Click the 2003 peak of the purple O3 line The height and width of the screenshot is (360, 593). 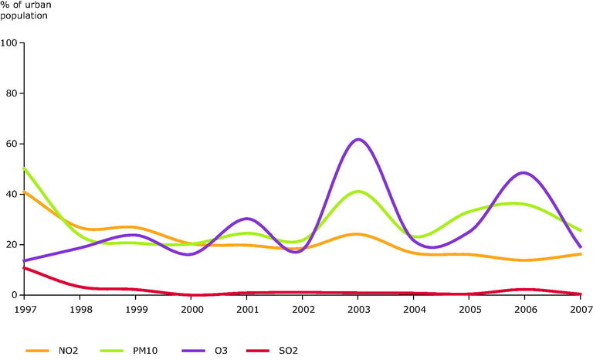pos(358,140)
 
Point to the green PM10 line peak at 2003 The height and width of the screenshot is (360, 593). pos(357,191)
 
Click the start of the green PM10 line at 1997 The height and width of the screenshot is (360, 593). pos(25,168)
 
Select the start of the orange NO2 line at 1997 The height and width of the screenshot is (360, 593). pos(25,192)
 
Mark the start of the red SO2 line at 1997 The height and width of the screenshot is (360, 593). pos(25,267)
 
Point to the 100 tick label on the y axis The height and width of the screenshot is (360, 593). pos(10,43)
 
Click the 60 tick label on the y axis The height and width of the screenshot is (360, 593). pos(12,144)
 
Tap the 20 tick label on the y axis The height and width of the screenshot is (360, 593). pos(12,245)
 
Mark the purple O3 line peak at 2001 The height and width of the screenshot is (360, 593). pos(246,219)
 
